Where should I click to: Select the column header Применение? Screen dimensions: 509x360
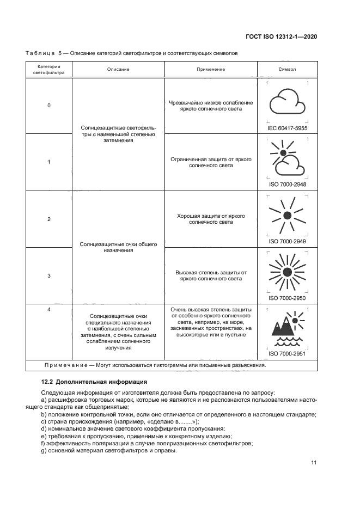210,70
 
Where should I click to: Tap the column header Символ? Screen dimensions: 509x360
287,70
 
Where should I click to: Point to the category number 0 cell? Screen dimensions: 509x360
49,106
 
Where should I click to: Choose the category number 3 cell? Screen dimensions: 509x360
49,275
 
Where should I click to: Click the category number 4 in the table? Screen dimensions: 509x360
49,310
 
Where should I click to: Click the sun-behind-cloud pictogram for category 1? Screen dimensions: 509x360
287,158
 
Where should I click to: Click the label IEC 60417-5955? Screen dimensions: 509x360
287,128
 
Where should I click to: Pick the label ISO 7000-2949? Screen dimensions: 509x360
287,241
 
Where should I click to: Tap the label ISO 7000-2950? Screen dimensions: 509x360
287,298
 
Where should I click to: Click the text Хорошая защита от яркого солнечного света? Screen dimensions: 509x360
210,219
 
